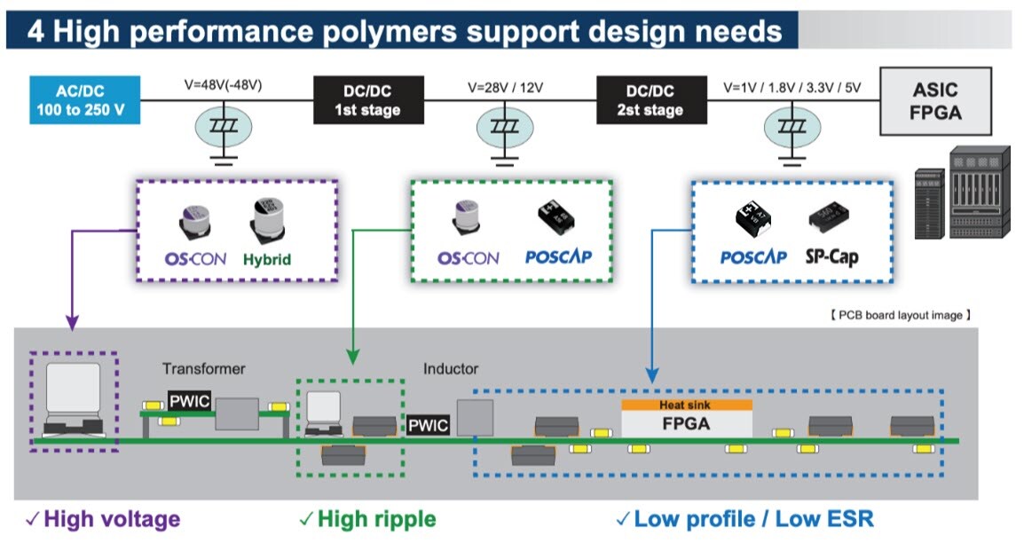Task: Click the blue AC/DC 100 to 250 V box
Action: (84, 100)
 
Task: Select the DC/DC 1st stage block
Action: (367, 100)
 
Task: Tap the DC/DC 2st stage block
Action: (650, 100)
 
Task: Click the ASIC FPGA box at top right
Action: (936, 101)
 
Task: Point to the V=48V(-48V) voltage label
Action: (224, 86)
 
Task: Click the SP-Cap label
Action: (831, 257)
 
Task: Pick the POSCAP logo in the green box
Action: (558, 257)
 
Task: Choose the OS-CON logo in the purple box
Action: (195, 259)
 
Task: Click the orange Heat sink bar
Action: (686, 405)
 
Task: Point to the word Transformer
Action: (203, 368)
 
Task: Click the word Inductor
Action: (451, 368)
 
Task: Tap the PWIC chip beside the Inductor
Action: (428, 426)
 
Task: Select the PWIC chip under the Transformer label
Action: (189, 401)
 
